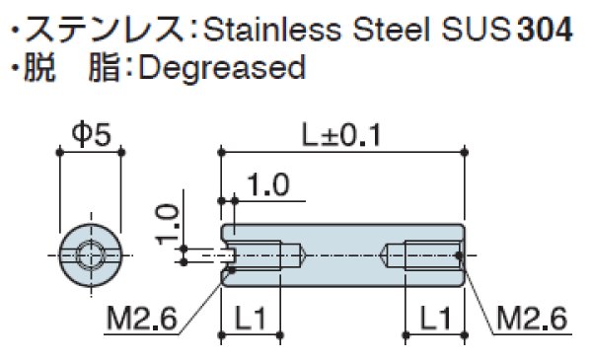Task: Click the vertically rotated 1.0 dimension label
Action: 167,224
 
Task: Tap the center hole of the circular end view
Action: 90,255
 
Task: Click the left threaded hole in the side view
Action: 259,255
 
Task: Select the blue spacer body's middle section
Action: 343,255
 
